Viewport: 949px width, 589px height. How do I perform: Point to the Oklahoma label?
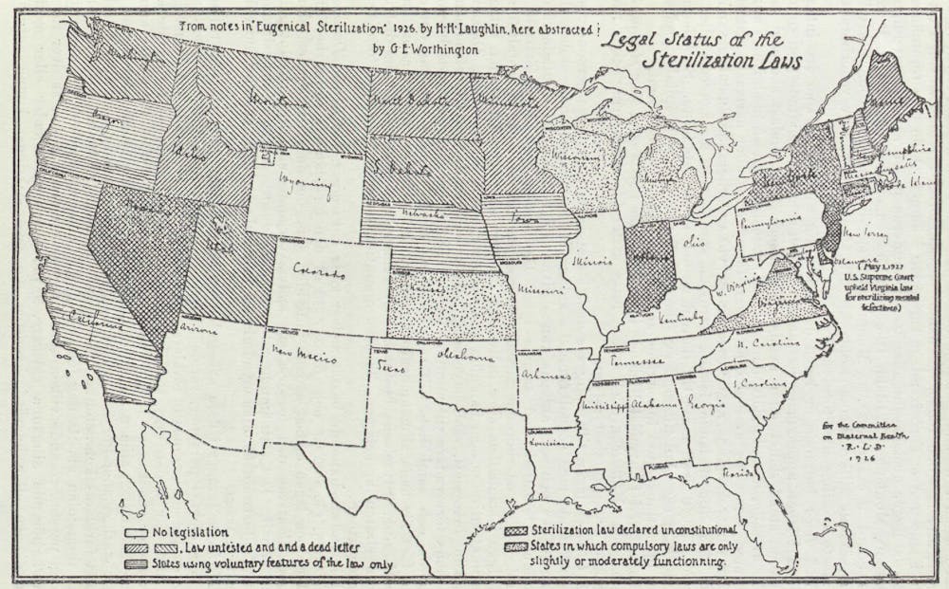tap(465, 357)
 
